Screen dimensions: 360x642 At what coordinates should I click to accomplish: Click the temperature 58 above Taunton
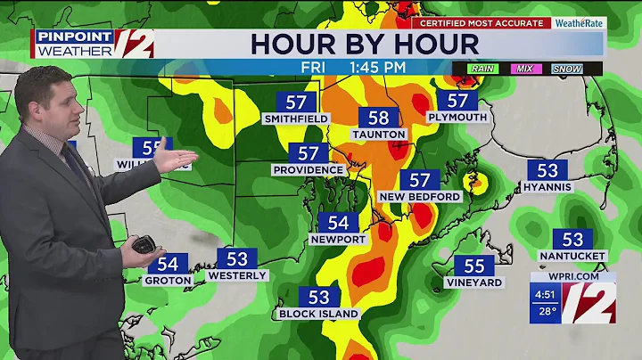(x=378, y=119)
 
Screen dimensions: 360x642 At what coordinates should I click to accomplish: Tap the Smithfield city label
(x=297, y=119)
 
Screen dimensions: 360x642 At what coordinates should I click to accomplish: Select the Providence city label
(x=309, y=169)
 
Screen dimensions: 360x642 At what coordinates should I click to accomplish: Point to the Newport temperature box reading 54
(x=338, y=223)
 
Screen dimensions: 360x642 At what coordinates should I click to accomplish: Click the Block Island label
(x=318, y=314)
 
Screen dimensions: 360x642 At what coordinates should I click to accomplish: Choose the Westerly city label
(x=237, y=276)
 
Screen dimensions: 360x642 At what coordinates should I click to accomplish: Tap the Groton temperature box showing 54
(x=168, y=264)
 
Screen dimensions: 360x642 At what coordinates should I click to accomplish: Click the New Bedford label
(x=419, y=196)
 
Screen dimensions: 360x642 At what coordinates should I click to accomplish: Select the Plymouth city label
(x=457, y=117)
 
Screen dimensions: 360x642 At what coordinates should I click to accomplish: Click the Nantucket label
(x=572, y=256)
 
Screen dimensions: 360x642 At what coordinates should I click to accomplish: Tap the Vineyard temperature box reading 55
(x=474, y=266)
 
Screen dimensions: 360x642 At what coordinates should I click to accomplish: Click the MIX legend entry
(x=523, y=69)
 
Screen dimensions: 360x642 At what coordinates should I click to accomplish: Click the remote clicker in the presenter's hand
(x=143, y=242)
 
